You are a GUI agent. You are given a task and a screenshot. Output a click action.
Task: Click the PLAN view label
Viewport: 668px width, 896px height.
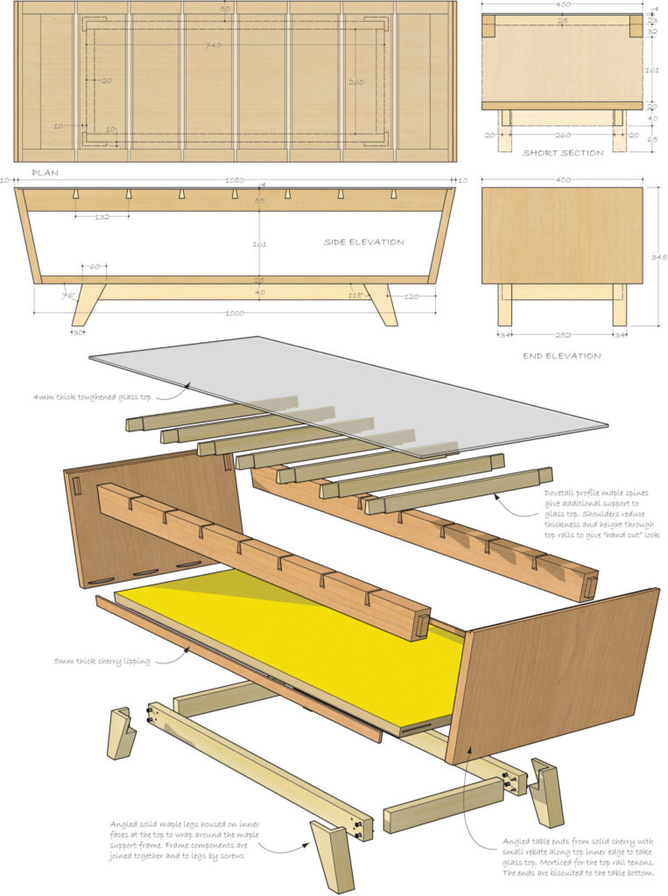click(45, 173)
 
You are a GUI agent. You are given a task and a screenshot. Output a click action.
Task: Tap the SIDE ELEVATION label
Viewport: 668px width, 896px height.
click(363, 242)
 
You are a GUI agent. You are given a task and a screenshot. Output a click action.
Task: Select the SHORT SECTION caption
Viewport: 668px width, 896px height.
click(563, 153)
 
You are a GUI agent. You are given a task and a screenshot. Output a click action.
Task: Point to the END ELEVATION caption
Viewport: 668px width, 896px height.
click(562, 356)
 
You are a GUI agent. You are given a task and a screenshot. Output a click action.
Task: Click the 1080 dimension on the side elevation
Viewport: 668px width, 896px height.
click(235, 180)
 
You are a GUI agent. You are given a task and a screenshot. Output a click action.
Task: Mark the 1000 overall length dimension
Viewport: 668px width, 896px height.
click(234, 313)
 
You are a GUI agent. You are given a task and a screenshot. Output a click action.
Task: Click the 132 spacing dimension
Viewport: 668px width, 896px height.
click(102, 216)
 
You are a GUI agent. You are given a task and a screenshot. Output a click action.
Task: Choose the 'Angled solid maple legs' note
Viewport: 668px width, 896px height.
click(184, 840)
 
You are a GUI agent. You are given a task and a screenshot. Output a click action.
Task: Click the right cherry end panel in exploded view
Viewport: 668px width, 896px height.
click(560, 674)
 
